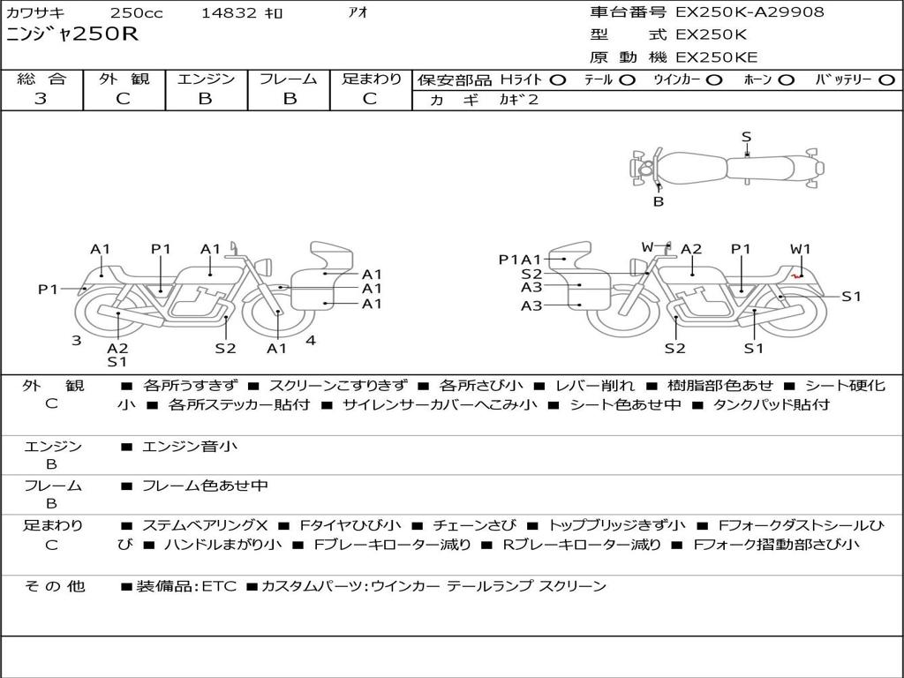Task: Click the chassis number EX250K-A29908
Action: (x=750, y=12)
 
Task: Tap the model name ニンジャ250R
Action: (x=72, y=34)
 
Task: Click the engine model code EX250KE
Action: (x=717, y=57)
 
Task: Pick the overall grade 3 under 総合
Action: (x=41, y=99)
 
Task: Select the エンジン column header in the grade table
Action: (x=206, y=79)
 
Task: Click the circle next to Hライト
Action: (x=558, y=80)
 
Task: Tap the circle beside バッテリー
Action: (x=886, y=80)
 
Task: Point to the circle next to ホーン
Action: (x=786, y=80)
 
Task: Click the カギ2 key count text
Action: (x=518, y=100)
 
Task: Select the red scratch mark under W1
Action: (x=797, y=276)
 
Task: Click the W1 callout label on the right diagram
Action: (x=800, y=249)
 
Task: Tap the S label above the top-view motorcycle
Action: (x=747, y=137)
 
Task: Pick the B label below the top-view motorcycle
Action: (x=659, y=202)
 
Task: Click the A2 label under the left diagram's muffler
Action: (x=117, y=348)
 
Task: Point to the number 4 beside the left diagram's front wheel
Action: (x=311, y=340)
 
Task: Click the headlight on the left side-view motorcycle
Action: (x=265, y=267)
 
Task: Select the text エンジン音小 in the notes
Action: (x=189, y=446)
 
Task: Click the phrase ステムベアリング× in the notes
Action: (x=205, y=525)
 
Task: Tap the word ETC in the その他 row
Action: (x=219, y=586)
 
